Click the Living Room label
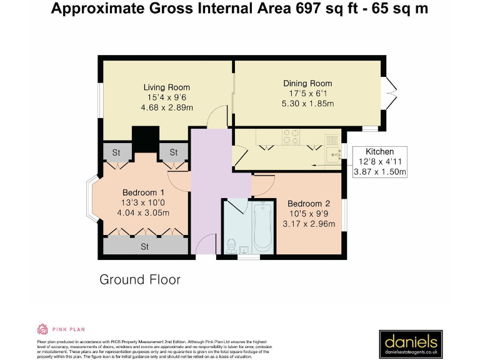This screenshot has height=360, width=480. point(166,87)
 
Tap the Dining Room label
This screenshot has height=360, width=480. point(307,83)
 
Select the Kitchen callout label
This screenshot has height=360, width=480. point(380,152)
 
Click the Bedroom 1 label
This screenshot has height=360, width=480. point(143,192)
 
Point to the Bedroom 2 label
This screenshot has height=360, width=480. point(308,204)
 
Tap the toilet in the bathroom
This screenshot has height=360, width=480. point(231,245)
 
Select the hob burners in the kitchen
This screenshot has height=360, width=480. point(291,137)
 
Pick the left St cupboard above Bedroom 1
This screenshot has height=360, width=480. point(116,152)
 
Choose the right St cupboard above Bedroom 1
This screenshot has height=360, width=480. point(173,152)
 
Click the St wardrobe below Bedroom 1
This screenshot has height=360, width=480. point(144,246)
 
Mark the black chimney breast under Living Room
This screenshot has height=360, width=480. point(145,139)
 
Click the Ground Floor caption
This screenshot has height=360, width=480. point(140,279)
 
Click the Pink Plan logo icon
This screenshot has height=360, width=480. point(42,329)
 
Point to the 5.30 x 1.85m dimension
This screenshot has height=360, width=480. point(307,103)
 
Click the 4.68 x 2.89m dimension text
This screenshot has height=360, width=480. point(166,107)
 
